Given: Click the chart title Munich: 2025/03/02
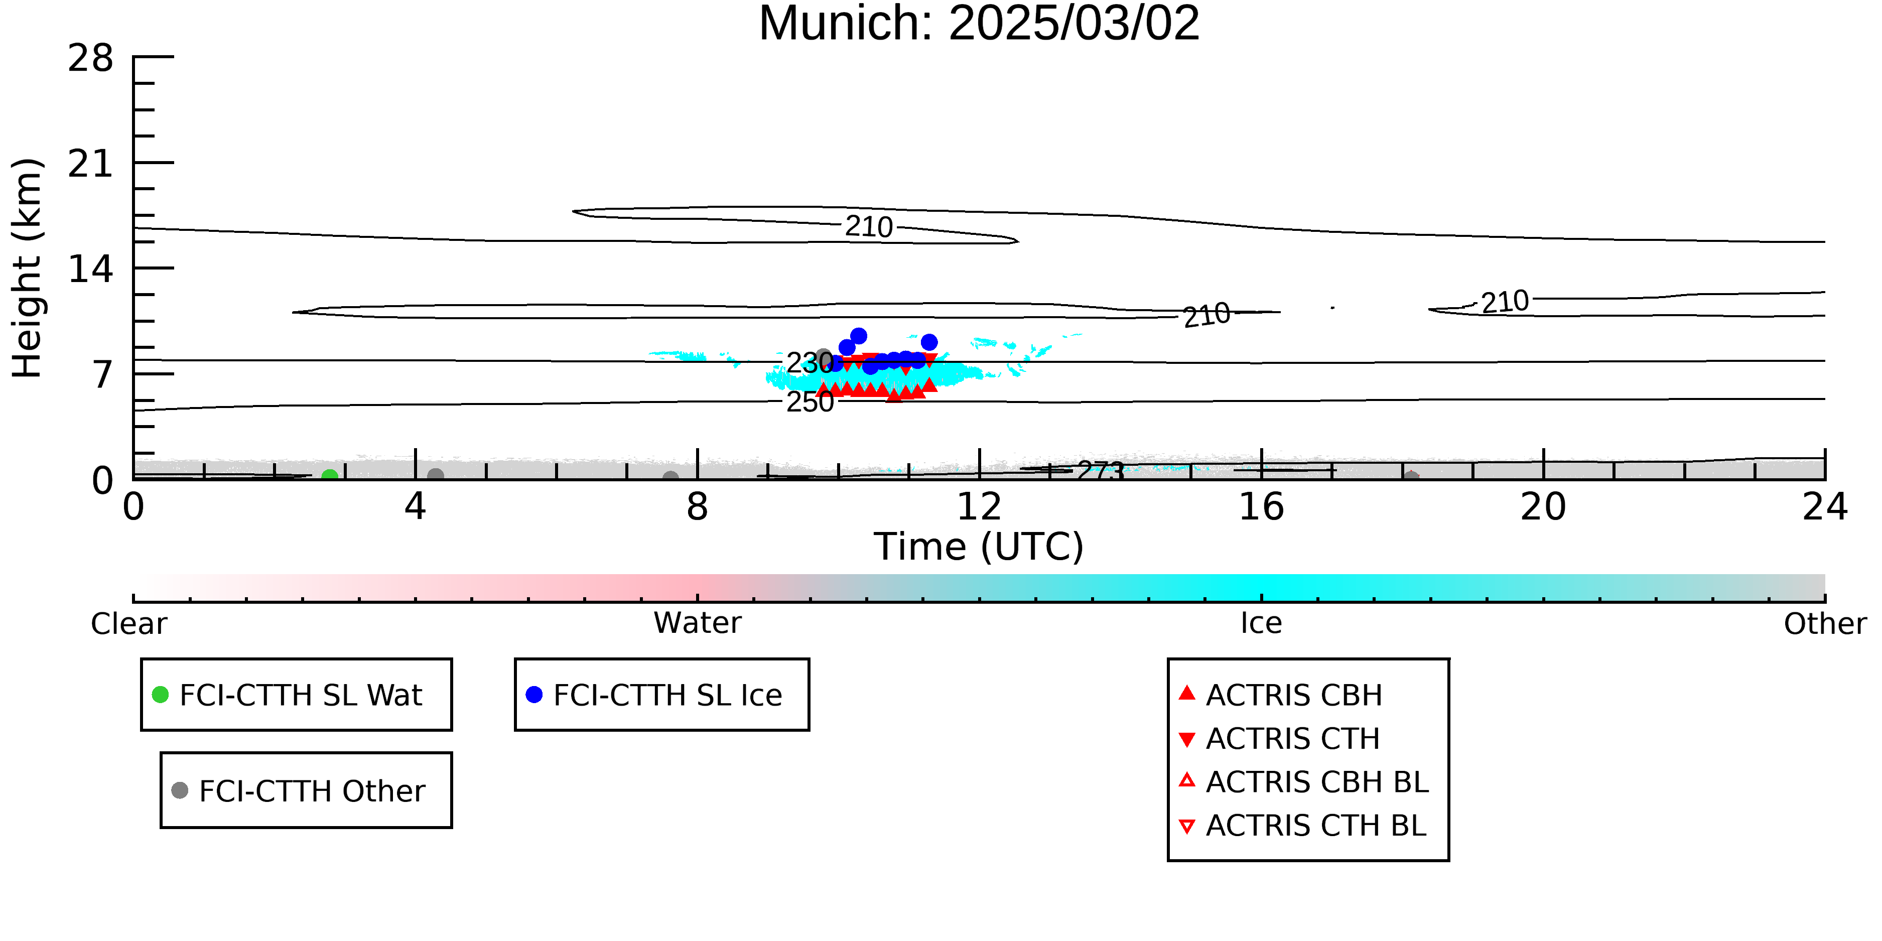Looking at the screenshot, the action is (x=979, y=24).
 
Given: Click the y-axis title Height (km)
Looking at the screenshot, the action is (x=27, y=268).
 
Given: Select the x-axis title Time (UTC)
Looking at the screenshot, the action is (x=979, y=547).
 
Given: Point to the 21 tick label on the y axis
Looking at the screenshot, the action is (x=91, y=164).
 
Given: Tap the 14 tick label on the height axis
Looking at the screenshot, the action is (x=91, y=269).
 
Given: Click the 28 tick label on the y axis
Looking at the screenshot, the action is (x=91, y=58).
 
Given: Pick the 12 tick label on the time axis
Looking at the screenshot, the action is (x=979, y=507).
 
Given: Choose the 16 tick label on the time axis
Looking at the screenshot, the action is (x=1261, y=507).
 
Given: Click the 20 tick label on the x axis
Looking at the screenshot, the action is (x=1543, y=507).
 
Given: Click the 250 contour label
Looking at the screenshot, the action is (x=810, y=402).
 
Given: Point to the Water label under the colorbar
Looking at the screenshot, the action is (x=698, y=623).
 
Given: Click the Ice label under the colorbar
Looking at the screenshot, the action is (x=1261, y=623).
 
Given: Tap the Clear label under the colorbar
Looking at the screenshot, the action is (x=128, y=624).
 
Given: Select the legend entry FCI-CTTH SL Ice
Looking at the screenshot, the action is (x=654, y=695).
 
